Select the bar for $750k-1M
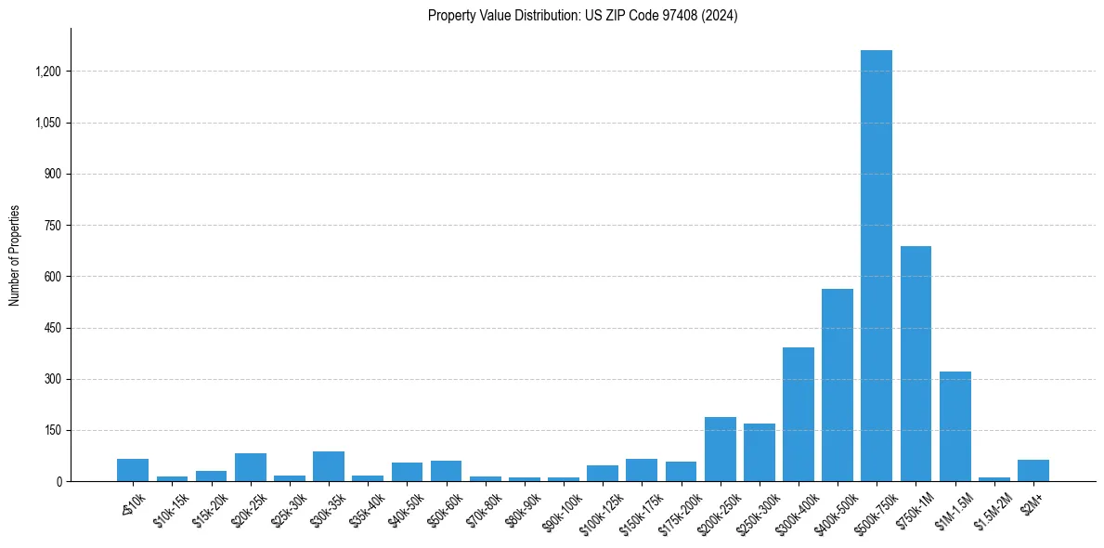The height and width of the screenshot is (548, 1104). click(916, 364)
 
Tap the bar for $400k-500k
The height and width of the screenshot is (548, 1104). click(837, 385)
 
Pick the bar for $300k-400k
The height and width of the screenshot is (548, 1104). click(798, 414)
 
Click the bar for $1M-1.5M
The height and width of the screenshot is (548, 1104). click(955, 426)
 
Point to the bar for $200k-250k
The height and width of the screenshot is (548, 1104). click(720, 450)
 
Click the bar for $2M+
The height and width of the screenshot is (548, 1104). click(1033, 471)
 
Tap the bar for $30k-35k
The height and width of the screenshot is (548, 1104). click(329, 466)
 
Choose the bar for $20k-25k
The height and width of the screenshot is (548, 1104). click(251, 467)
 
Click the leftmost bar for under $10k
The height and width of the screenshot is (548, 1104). click(133, 470)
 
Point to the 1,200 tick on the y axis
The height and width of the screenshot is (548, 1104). click(48, 72)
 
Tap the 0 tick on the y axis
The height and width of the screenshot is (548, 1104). click(58, 482)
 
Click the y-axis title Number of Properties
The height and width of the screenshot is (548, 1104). click(15, 255)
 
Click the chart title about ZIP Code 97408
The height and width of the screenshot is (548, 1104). click(582, 16)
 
